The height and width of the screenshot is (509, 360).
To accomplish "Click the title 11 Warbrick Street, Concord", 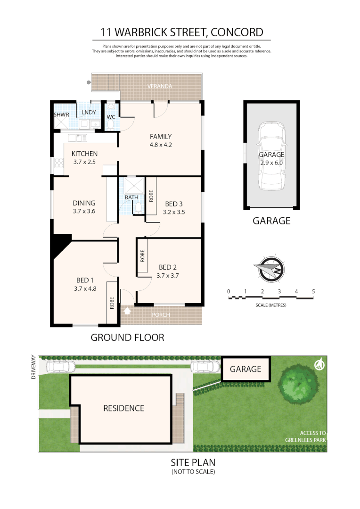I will pyautogui.click(x=181, y=32).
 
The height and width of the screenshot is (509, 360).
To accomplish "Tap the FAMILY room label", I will pyautogui.click(x=161, y=137).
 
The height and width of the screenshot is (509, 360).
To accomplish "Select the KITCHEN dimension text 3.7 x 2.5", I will pyautogui.click(x=84, y=162).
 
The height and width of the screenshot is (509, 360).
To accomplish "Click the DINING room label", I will pyautogui.click(x=84, y=203).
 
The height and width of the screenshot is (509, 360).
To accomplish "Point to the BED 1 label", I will pyautogui.click(x=85, y=280).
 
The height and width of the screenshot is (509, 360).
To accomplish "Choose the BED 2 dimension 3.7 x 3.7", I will pyautogui.click(x=168, y=276).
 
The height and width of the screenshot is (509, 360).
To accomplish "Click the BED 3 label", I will pyautogui.click(x=174, y=204).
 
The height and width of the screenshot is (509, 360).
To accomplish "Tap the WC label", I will pyautogui.click(x=111, y=116).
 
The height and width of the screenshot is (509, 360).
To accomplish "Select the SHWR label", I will pyautogui.click(x=61, y=115).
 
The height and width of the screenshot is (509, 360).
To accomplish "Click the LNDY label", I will pyautogui.click(x=89, y=112).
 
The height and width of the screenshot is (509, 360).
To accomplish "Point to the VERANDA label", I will pyautogui.click(x=159, y=87).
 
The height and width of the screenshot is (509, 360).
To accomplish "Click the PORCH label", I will pyautogui.click(x=162, y=315).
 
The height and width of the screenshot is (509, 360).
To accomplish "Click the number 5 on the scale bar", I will pyautogui.click(x=313, y=291).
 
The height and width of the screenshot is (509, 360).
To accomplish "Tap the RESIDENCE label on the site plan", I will pyautogui.click(x=123, y=408).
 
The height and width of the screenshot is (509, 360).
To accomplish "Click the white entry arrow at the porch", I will pyautogui.click(x=126, y=310).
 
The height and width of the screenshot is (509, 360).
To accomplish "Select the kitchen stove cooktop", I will pyautogui.click(x=60, y=164).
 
